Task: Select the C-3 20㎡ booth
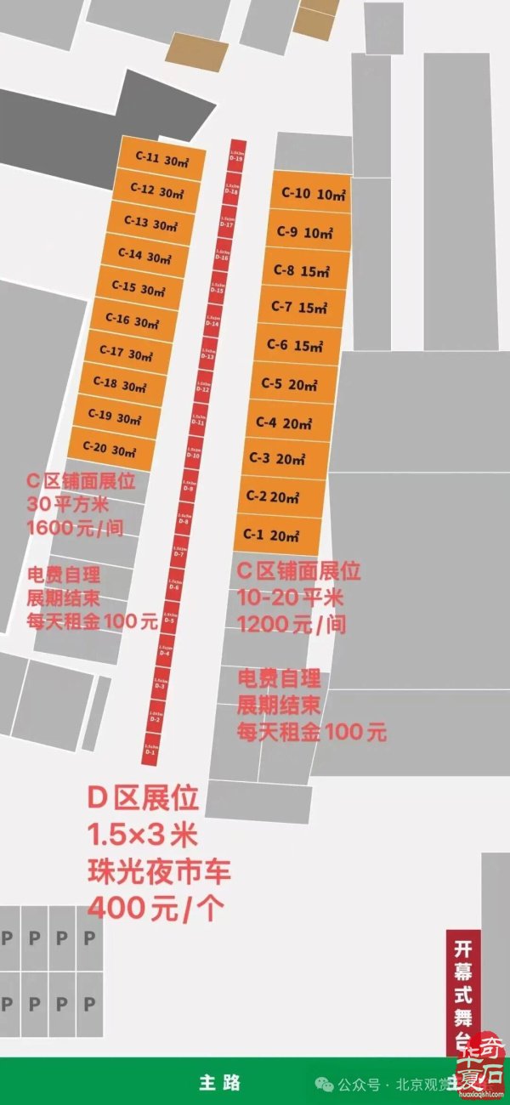click(278, 459)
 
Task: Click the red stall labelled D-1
click(150, 749)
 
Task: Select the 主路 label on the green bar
click(219, 1082)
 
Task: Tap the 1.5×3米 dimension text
click(142, 836)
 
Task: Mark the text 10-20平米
click(290, 597)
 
